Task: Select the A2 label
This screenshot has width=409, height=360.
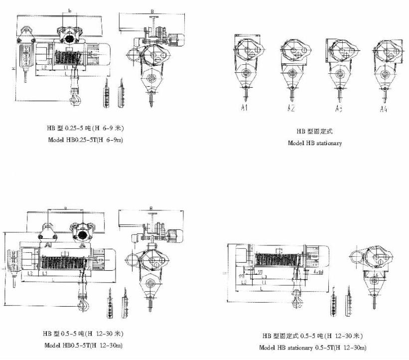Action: pos(291,108)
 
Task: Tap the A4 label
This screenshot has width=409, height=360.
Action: pos(383,108)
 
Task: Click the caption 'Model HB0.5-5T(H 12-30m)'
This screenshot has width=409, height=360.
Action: pos(83,345)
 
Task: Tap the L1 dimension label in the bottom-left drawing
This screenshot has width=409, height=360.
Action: pos(44,274)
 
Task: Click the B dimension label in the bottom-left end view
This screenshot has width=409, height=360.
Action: pos(150,208)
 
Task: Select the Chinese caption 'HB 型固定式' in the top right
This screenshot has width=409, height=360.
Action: pos(314,132)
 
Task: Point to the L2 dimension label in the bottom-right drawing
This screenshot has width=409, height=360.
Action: pos(245,282)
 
